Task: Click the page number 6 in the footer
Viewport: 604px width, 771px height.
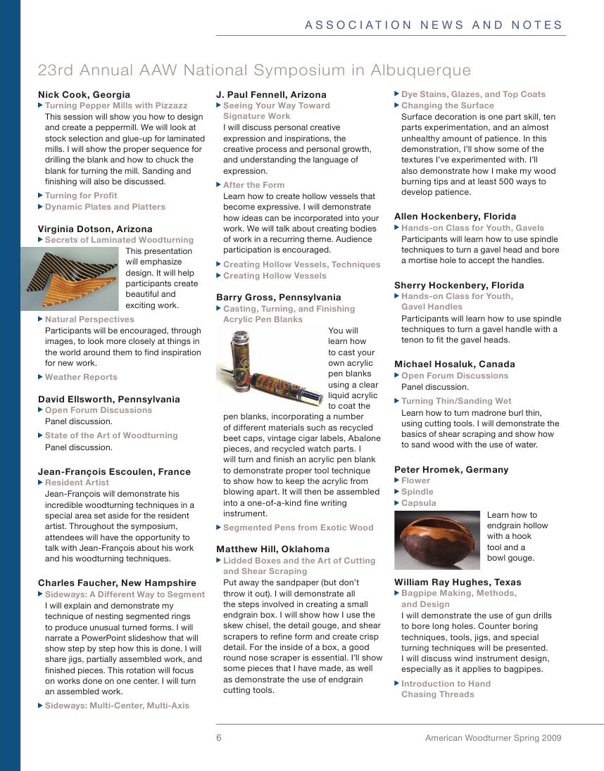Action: click(x=219, y=738)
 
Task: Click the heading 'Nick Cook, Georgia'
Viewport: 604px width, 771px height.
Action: click(x=84, y=94)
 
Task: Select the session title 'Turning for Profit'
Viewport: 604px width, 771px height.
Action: click(x=81, y=196)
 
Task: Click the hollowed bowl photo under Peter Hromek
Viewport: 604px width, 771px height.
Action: click(x=436, y=540)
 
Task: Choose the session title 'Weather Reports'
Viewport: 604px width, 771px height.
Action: click(x=81, y=377)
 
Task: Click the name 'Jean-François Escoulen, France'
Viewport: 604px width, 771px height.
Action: click(x=114, y=471)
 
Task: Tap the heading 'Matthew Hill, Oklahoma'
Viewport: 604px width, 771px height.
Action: click(x=272, y=549)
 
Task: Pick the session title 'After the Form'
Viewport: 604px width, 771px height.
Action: click(x=253, y=185)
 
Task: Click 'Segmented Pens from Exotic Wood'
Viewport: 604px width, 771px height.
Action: click(x=298, y=528)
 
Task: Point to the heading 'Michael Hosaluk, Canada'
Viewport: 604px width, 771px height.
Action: click(x=454, y=364)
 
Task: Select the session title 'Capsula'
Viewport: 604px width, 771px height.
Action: click(x=418, y=503)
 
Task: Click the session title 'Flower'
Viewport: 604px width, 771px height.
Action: click(x=415, y=480)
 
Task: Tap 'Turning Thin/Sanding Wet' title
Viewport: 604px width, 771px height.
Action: click(x=456, y=401)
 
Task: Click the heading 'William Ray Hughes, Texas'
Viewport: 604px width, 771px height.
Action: click(x=458, y=582)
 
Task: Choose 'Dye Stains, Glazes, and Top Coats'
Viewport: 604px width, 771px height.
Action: click(x=473, y=94)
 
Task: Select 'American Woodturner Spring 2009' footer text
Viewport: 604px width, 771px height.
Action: click(x=493, y=738)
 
